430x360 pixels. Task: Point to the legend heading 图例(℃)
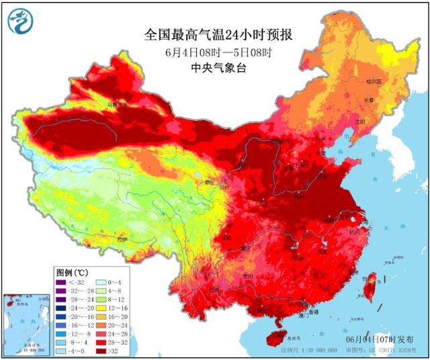click(71, 273)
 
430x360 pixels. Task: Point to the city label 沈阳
click(359, 122)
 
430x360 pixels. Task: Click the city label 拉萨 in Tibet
click(121, 238)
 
